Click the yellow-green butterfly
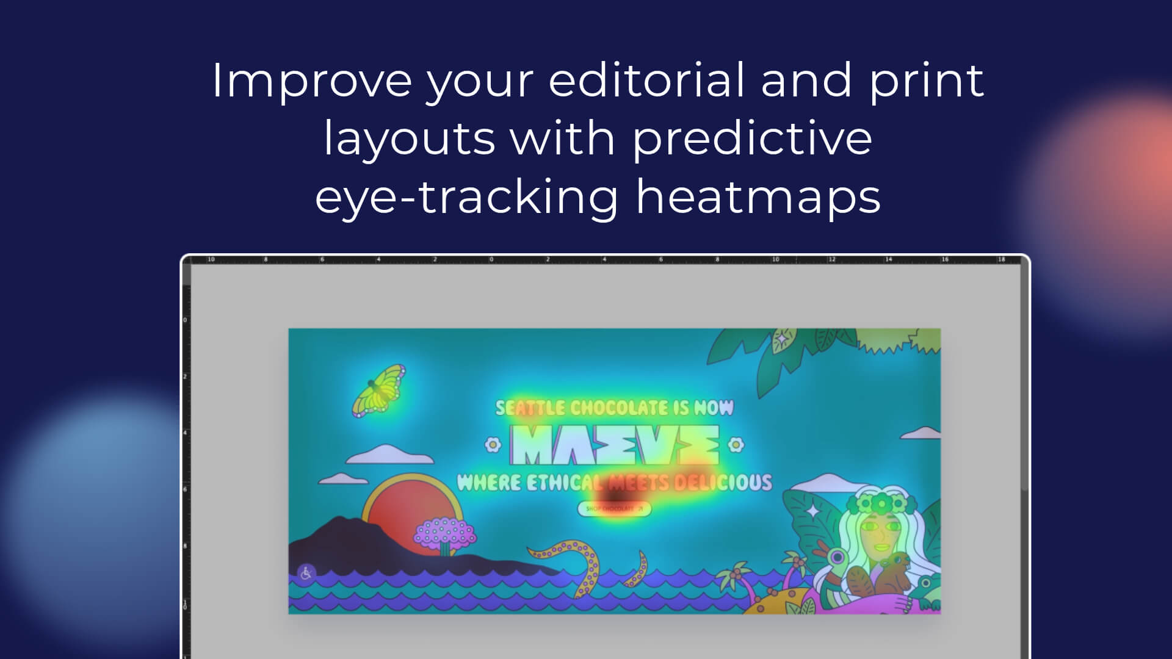point(378,391)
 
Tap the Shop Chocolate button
point(615,508)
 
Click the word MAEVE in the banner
point(615,445)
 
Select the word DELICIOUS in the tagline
point(723,483)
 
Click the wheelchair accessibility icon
point(306,572)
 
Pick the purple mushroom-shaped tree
point(445,533)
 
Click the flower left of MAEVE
point(493,445)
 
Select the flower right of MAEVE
point(736,445)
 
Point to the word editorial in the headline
point(646,81)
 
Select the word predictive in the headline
point(752,139)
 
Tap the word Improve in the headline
point(311,81)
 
